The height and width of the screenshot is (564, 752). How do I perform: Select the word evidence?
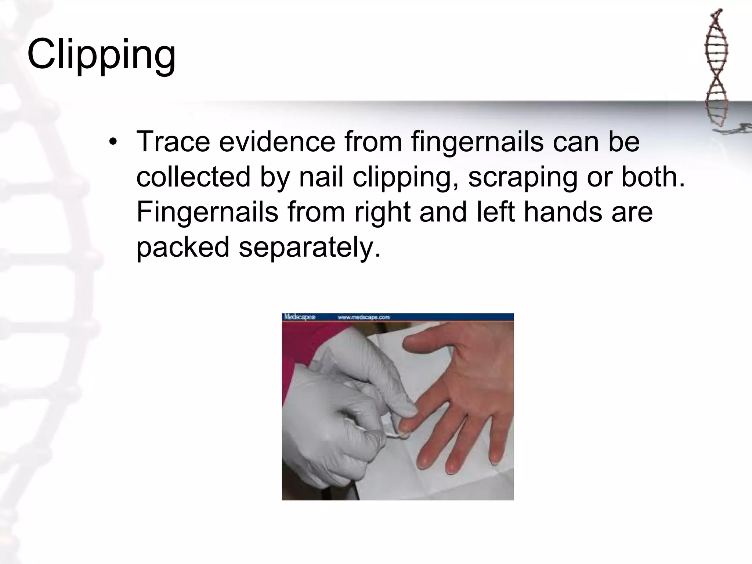pyautogui.click(x=277, y=142)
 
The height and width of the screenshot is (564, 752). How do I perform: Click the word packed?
pyautogui.click(x=182, y=247)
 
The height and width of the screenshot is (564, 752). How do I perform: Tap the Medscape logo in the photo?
pyautogui.click(x=299, y=317)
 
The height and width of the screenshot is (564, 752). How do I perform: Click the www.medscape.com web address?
pyautogui.click(x=364, y=317)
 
